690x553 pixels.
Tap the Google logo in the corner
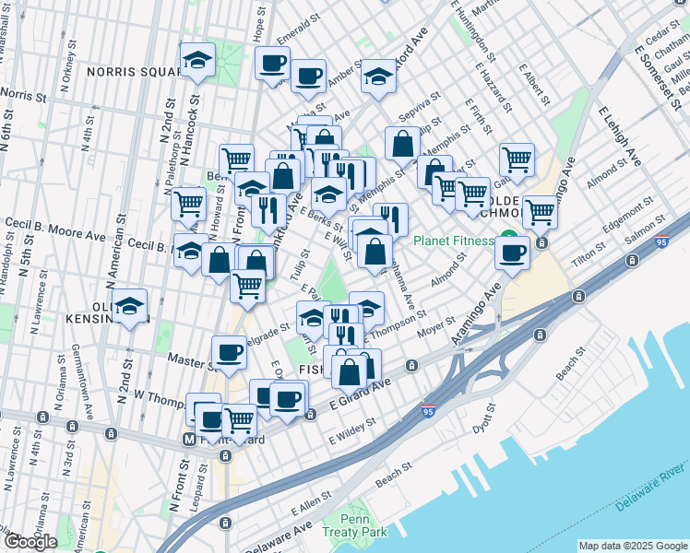click(30, 542)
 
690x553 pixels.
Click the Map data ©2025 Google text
click(633, 546)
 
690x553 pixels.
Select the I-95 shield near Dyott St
click(428, 407)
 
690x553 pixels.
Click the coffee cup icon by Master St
click(229, 350)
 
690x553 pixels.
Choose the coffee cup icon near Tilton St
click(512, 251)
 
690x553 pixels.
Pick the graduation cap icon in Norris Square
click(197, 59)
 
